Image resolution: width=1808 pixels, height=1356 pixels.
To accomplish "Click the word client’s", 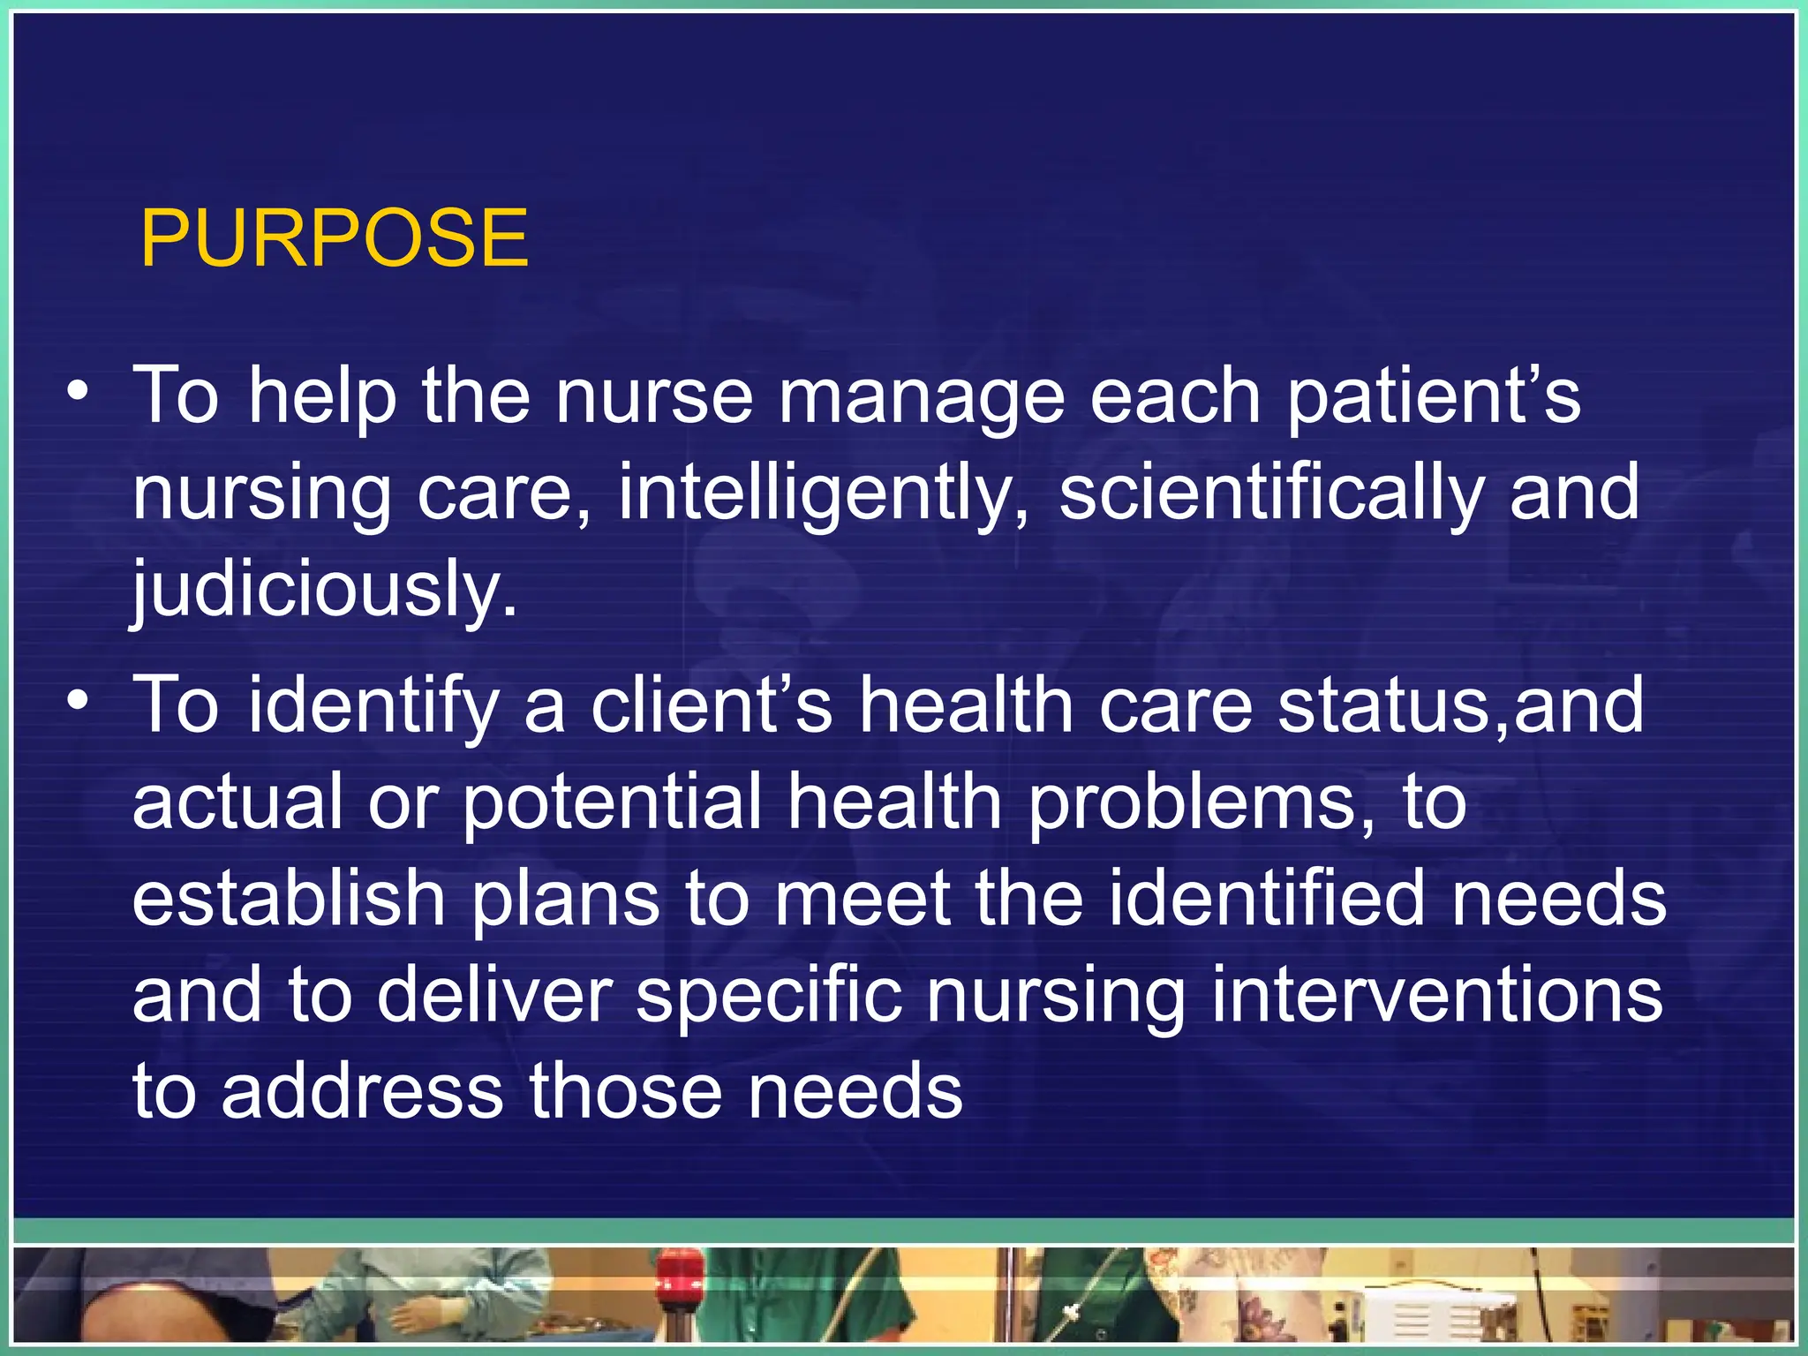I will coord(712,706).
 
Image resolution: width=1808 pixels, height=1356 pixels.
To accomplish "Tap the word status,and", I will coord(1461,706).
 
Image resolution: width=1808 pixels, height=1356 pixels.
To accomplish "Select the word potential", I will coord(611,803).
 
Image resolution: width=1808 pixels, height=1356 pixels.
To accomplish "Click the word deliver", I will coord(494,996).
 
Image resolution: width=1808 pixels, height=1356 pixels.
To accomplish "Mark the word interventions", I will coord(1436,996).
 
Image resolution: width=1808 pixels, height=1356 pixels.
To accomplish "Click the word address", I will coord(362,1093).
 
